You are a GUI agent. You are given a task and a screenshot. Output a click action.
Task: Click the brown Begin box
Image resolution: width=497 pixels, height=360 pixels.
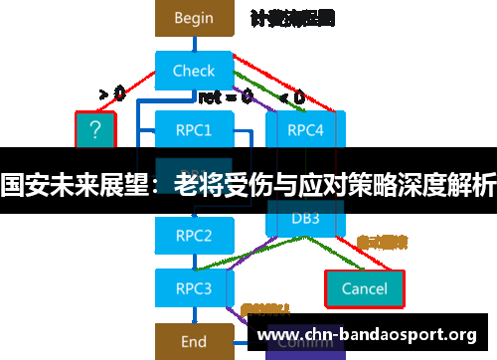(x=193, y=17)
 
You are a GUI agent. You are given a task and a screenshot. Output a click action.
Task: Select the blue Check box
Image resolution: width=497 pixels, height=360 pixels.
(x=193, y=71)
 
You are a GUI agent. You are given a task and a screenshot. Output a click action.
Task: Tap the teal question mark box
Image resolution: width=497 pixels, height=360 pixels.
(x=95, y=129)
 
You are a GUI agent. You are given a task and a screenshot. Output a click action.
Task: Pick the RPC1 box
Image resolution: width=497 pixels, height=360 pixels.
(x=193, y=129)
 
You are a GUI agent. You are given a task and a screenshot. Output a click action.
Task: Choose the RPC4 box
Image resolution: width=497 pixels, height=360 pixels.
(x=304, y=129)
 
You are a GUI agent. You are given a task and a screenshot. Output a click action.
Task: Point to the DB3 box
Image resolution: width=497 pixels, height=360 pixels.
(x=304, y=218)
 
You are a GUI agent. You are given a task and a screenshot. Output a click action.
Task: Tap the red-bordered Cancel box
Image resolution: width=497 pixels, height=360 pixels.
(x=364, y=288)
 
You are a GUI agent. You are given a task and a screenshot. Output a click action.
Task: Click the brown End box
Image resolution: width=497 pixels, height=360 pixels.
(x=193, y=341)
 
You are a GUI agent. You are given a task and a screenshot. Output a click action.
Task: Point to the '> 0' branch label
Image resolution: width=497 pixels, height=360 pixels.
(x=111, y=94)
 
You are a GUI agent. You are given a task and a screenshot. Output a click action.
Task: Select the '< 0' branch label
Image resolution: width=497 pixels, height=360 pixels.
(x=291, y=96)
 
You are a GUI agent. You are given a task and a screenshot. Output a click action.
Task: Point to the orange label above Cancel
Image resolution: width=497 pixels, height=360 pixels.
(x=382, y=242)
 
